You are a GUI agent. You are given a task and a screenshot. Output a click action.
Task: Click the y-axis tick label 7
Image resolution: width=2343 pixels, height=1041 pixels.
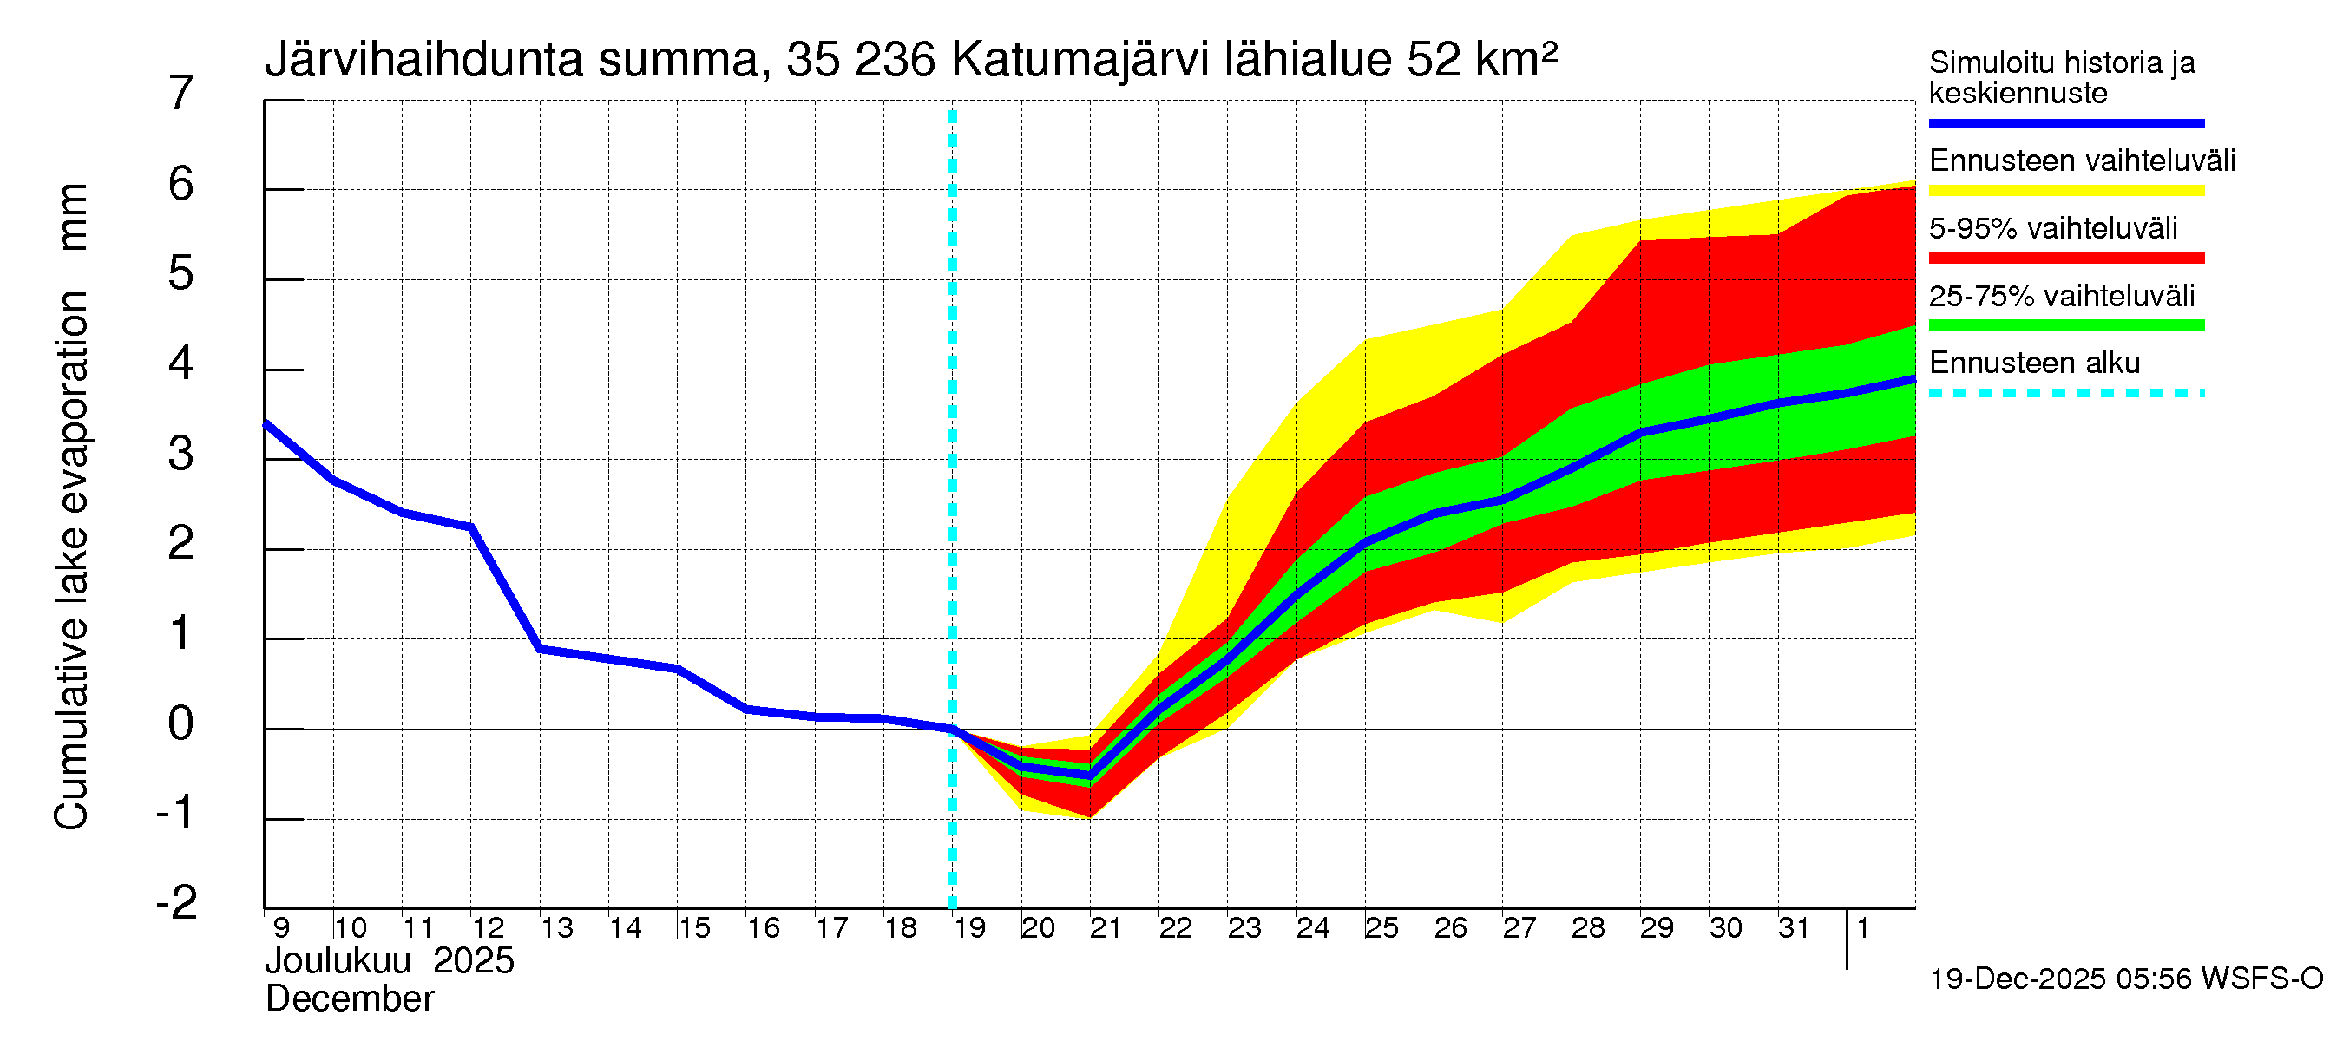181,94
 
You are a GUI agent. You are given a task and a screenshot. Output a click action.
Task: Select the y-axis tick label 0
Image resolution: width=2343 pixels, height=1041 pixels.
181,723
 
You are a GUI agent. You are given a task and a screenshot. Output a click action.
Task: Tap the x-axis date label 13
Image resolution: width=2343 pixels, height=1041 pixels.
556,928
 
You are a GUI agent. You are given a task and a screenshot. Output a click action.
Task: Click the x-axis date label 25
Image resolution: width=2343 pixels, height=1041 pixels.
1381,928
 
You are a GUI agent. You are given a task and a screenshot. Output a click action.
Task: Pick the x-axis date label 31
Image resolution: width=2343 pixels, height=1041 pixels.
1794,928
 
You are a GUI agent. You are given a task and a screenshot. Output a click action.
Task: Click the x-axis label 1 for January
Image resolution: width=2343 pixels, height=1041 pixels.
1862,928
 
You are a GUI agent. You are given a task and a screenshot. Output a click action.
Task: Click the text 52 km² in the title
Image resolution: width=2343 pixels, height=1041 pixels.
1481,59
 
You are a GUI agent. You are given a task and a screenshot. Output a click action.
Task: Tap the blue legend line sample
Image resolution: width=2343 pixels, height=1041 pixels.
2065,122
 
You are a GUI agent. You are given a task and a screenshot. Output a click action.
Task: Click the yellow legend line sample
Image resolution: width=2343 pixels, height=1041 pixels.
2065,191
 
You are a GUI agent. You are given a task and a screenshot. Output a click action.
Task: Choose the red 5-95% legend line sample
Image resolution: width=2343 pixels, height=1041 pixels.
2065,259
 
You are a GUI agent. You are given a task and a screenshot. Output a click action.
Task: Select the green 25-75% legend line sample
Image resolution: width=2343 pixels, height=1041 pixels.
2065,325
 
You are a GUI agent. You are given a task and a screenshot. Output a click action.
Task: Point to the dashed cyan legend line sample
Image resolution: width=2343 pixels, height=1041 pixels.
2065,393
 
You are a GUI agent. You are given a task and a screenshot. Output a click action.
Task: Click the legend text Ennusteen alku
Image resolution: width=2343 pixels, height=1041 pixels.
2034,363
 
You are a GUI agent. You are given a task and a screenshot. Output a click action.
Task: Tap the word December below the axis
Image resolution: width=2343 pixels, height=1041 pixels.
349,999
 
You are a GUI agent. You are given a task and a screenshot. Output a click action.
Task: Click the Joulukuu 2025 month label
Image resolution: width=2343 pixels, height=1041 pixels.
390,961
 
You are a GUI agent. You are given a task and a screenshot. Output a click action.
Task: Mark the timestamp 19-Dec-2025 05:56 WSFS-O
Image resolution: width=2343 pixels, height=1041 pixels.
2125,979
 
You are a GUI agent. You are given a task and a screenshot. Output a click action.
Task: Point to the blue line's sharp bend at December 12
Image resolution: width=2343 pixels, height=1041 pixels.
471,527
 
